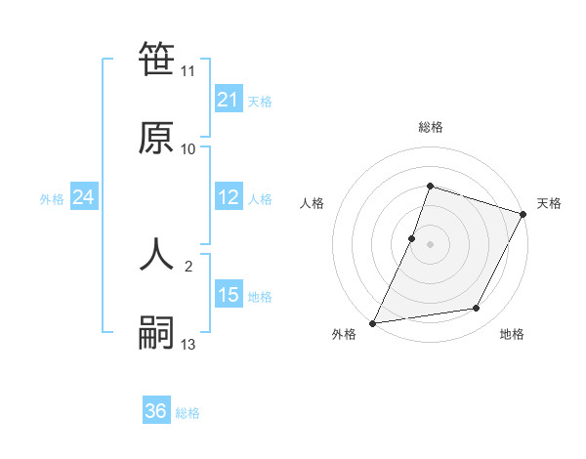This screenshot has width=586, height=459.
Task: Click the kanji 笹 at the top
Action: point(156,61)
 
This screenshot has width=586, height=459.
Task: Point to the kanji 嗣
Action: point(156,333)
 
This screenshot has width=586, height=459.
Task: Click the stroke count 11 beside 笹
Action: point(188,71)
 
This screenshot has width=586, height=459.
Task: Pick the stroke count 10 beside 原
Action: point(188,149)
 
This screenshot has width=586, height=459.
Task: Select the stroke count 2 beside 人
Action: point(188,266)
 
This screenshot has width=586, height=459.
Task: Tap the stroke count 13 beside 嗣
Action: point(188,345)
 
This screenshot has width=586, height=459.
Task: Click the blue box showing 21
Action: point(228,100)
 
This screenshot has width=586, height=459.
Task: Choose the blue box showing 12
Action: point(228,198)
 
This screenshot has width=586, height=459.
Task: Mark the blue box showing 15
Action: point(228,295)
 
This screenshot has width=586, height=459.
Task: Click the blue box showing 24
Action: point(83,198)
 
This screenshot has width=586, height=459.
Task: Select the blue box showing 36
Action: point(156,411)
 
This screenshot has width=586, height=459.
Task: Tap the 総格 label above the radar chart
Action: point(431,127)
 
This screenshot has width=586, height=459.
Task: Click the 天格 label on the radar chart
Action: point(550,203)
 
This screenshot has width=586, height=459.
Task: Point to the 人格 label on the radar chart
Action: point(312,203)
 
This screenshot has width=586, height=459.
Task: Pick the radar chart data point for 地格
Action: point(477,309)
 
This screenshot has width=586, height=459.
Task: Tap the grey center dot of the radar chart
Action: point(431,243)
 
